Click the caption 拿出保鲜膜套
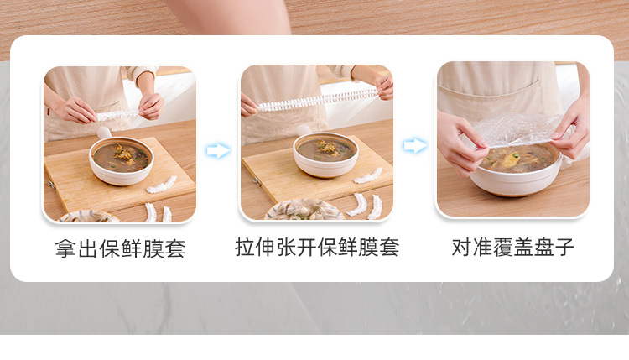120,248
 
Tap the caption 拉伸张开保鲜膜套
317,247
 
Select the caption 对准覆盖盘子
512,248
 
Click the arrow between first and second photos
218,150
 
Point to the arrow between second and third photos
415,145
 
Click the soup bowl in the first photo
121,160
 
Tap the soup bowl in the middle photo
325,154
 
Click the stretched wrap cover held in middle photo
317,101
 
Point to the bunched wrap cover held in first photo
117,116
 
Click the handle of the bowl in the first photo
104,133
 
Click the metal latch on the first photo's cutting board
51,185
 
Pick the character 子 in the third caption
564,248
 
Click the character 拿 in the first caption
65,249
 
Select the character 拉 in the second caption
245,248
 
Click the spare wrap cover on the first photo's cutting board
161,185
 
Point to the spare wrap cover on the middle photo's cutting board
368,175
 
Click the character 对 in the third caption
462,248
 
